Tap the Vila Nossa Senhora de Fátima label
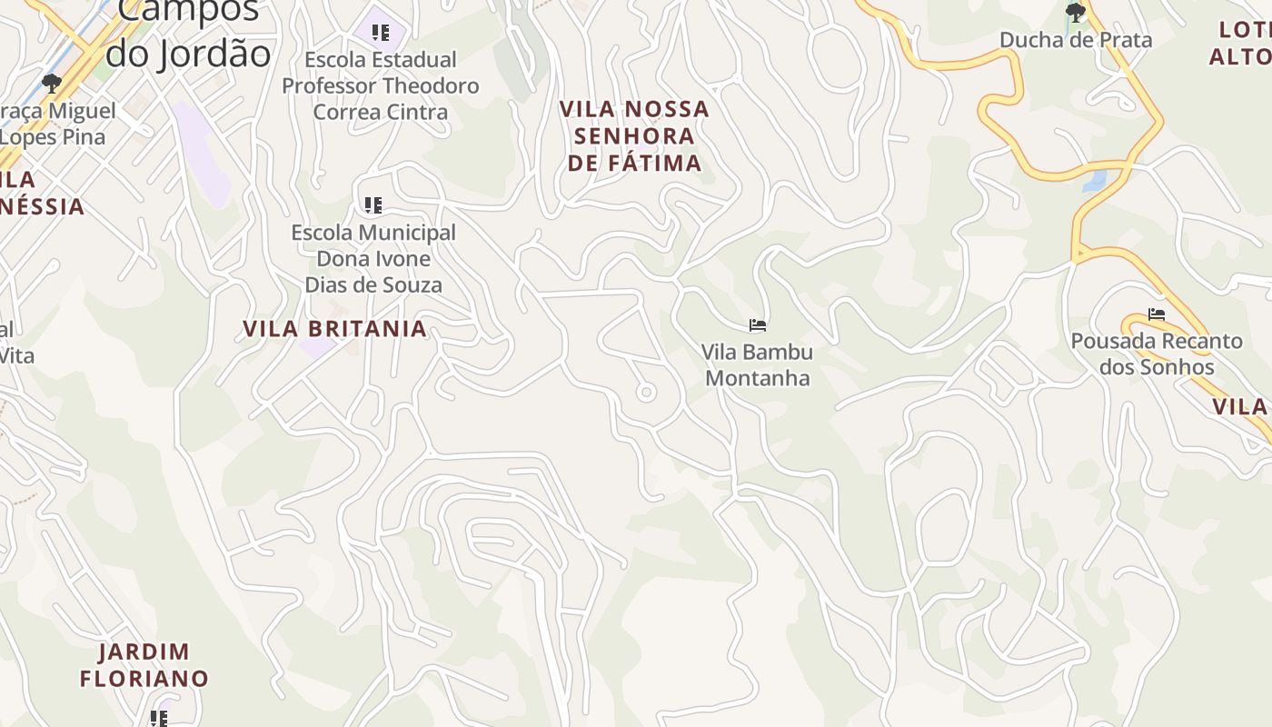pos(634,136)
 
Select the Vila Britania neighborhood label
pos(334,329)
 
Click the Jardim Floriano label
pos(144,665)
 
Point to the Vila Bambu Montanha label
pos(757,364)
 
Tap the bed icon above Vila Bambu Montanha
pos(757,325)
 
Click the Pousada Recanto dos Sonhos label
pos(1157,354)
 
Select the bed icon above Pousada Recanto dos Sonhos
pos(1156,314)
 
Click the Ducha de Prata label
pos(1076,40)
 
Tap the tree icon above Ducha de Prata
pos(1076,13)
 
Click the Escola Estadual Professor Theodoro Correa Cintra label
pos(381,85)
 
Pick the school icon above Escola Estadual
pos(381,34)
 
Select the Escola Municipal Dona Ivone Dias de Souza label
pos(373,259)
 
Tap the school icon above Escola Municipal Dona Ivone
pos(373,205)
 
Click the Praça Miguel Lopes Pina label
pos(56,124)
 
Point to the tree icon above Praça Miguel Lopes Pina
pos(52,84)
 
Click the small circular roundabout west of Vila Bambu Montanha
pos(646,393)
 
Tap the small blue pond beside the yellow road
pos(1094,180)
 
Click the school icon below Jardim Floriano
pos(159,719)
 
